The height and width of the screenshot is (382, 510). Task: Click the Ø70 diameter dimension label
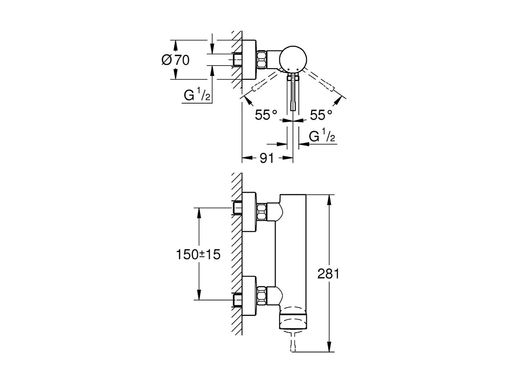(x=175, y=60)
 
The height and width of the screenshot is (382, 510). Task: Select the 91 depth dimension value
(x=266, y=158)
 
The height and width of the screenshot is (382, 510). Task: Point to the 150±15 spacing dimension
(x=198, y=254)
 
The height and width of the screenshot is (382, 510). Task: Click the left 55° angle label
(x=266, y=115)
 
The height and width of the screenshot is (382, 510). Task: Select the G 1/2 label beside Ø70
(x=197, y=96)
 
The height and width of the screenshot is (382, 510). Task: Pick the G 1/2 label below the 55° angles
(x=322, y=137)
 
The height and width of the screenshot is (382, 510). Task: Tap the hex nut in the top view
(x=262, y=60)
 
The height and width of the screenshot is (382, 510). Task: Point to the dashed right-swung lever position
(x=324, y=84)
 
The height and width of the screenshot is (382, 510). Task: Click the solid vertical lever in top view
(x=292, y=92)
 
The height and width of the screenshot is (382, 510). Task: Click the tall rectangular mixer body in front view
(x=292, y=251)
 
